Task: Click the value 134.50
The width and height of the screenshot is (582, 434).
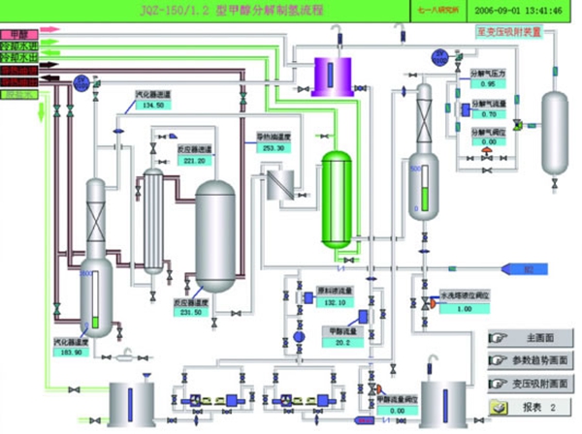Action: [x=153, y=105]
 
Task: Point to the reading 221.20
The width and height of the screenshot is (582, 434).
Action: [x=194, y=161]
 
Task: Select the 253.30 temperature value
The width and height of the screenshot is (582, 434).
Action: [x=273, y=148]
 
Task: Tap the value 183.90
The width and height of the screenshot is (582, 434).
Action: [x=74, y=353]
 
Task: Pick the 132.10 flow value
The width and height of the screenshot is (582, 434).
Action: [x=335, y=302]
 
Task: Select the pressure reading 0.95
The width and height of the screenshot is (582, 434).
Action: [x=488, y=83]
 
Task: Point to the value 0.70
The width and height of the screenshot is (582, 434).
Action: [x=488, y=114]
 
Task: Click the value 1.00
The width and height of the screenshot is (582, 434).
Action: [x=464, y=308]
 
